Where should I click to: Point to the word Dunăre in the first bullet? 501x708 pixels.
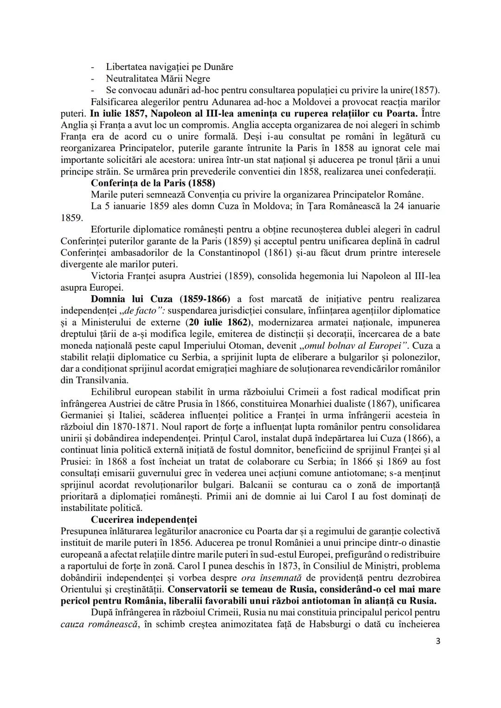(218, 67)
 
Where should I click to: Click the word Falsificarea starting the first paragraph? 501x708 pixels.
(116, 102)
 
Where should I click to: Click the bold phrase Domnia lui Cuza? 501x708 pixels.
(132, 299)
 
